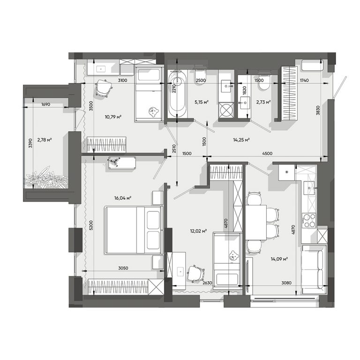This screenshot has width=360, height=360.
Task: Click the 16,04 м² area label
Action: [123, 198]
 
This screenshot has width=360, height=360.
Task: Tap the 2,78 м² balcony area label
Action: [45, 139]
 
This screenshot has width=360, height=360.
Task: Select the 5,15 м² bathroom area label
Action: [202, 102]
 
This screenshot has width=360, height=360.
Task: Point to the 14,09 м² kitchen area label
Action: [279, 259]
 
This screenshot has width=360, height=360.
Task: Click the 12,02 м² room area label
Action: [199, 231]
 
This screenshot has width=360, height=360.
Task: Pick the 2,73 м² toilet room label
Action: [263, 102]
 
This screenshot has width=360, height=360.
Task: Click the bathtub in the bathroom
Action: [177, 94]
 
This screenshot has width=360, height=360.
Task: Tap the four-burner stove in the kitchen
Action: [309, 220]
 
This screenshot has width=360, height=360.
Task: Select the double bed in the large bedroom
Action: [134, 230]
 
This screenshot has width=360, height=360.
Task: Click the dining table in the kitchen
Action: [256, 223]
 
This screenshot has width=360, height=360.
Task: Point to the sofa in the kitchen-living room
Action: [314, 270]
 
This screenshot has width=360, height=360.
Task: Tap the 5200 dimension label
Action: [91, 225]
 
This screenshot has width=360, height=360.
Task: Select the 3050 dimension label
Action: [123, 268]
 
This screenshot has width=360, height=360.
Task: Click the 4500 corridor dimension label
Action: [267, 153]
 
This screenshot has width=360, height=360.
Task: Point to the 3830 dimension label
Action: [318, 110]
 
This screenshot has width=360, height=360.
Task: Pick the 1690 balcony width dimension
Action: [45, 104]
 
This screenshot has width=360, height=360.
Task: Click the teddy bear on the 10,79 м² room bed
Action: [154, 111]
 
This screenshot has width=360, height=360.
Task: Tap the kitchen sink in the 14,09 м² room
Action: [309, 188]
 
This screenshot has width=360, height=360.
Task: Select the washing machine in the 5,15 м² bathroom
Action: [226, 111]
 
